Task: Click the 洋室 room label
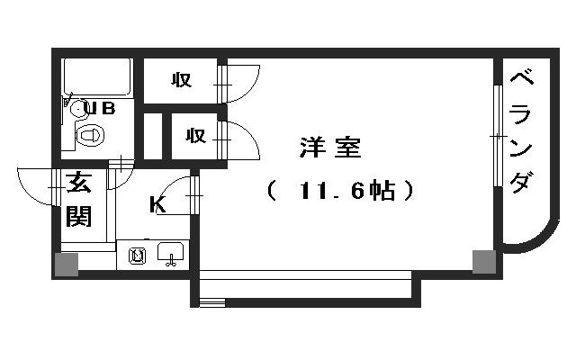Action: click(330, 148)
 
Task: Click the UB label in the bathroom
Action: click(100, 108)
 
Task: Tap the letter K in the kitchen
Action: click(157, 204)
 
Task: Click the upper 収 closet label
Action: click(182, 80)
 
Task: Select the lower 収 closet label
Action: click(195, 136)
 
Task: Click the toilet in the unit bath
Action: click(89, 136)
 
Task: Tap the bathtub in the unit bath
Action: click(97, 77)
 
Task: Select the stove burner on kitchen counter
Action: click(137, 256)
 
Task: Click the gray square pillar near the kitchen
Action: click(67, 264)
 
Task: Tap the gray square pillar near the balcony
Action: click(484, 262)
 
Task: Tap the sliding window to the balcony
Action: click(498, 136)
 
